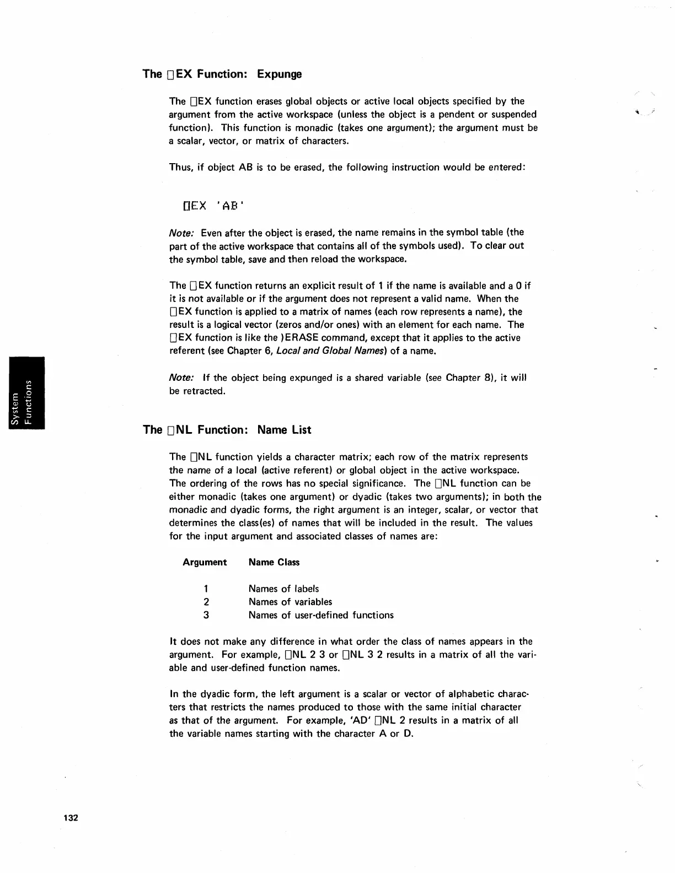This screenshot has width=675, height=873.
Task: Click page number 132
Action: point(71,817)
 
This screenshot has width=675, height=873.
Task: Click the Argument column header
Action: point(205,562)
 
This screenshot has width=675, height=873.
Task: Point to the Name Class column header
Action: point(274,562)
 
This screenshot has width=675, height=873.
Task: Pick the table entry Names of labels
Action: point(283,589)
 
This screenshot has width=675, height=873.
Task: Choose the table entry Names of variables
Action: point(290,602)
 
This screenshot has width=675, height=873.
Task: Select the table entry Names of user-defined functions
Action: point(321,615)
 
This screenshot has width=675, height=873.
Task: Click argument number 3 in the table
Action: point(206,615)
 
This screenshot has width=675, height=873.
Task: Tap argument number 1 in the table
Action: point(206,589)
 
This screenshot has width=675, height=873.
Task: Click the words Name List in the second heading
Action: point(284,430)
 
